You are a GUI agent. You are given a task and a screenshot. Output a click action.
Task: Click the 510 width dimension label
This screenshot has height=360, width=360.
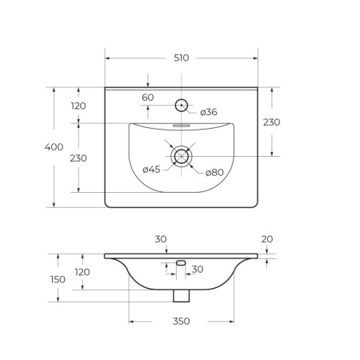[x=182, y=58]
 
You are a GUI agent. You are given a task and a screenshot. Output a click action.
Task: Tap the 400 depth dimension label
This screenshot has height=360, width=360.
[x=54, y=147]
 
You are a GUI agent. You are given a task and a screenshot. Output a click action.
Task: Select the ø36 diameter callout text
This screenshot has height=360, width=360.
[x=209, y=112]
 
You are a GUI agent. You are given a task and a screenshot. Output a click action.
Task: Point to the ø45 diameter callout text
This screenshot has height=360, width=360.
[x=151, y=169]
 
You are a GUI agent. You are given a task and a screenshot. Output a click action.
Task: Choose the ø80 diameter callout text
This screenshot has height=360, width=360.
[x=214, y=173]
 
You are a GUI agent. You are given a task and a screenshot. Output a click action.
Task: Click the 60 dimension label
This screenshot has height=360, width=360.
[x=148, y=98]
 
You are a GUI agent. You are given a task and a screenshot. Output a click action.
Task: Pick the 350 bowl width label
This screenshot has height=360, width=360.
[x=182, y=321]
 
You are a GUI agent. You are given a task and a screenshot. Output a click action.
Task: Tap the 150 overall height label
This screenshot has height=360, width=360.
[x=58, y=279]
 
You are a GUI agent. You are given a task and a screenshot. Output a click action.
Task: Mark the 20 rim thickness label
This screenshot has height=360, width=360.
[x=267, y=239]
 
